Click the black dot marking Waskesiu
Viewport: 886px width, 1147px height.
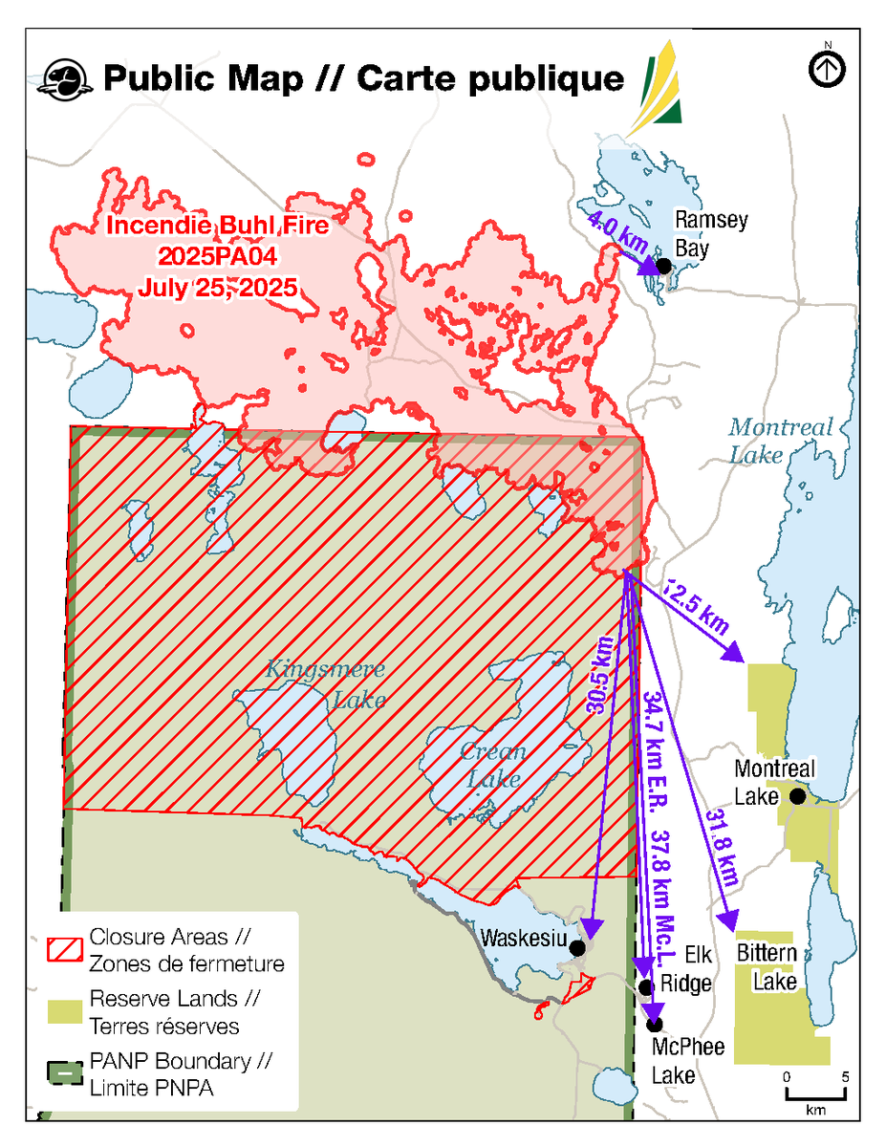tap(577, 947)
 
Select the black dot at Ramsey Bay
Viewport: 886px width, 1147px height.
tap(662, 264)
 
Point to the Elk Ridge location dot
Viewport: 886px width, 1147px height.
tap(646, 986)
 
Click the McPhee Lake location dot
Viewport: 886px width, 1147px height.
tap(655, 1024)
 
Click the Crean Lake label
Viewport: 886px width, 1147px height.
tap(492, 765)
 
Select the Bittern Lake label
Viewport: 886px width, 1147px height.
tap(767, 967)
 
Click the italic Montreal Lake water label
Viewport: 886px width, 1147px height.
tap(781, 440)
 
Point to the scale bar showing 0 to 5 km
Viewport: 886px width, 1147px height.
tap(815, 1093)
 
